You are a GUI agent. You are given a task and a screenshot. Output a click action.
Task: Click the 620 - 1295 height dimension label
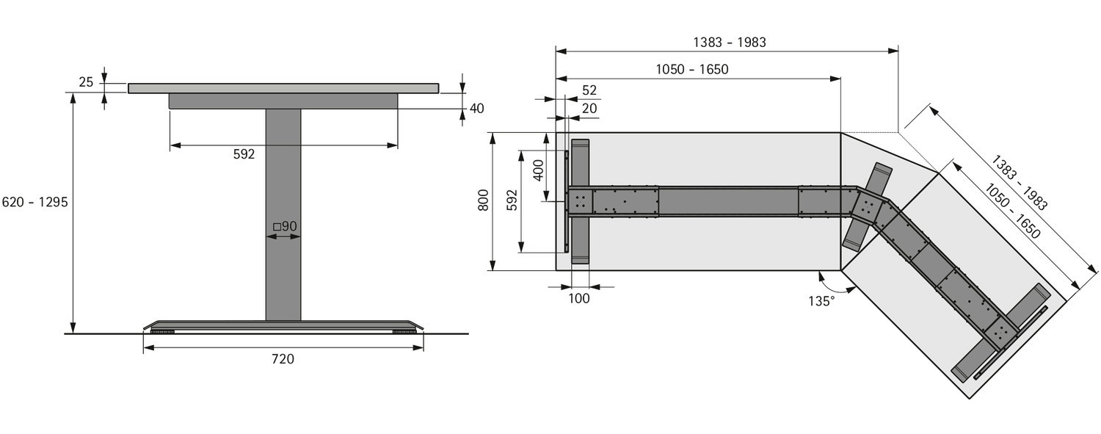tap(35, 202)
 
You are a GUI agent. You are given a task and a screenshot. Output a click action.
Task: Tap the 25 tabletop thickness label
tap(86, 82)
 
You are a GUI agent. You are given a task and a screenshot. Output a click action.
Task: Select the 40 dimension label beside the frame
tap(477, 108)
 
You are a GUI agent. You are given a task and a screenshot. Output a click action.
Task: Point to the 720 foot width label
tap(283, 359)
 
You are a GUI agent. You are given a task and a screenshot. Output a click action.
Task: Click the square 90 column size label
tap(285, 226)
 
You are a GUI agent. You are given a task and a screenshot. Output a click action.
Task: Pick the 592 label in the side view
tap(244, 154)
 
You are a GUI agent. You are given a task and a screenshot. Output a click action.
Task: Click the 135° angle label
tap(821, 301)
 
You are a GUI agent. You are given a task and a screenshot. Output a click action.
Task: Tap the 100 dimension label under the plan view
tap(579, 299)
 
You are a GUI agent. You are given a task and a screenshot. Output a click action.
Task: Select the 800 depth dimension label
tap(484, 200)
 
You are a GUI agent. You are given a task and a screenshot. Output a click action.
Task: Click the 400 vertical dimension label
tap(539, 170)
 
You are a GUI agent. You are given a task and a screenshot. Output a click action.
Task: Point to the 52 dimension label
tap(589, 90)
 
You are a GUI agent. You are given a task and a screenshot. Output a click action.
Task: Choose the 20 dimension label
tap(589, 108)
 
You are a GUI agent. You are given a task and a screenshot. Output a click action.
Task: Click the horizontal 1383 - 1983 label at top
tap(730, 43)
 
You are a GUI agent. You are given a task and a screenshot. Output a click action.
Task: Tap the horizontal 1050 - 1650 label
tap(692, 69)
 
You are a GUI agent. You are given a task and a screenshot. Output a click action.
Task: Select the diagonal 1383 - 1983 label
tap(1020, 182)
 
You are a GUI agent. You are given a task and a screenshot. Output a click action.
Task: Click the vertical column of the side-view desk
tap(283, 214)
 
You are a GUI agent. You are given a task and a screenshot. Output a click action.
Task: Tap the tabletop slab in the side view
tap(283, 88)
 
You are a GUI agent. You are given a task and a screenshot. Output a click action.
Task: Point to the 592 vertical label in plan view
tap(512, 200)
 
